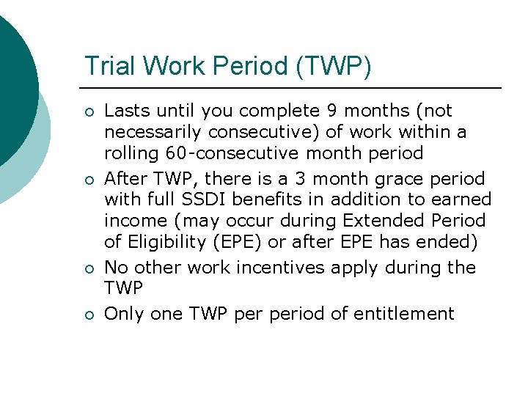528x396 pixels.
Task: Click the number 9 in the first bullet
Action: point(332,111)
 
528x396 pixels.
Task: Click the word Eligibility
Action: point(163,241)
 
